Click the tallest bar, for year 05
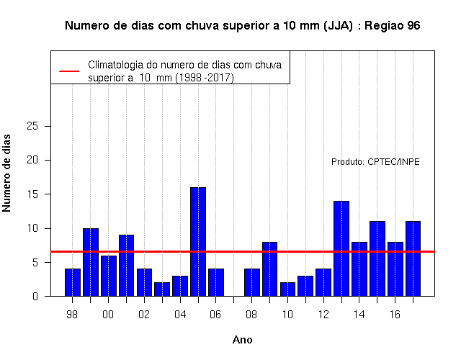tap(198, 242)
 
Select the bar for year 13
tap(341, 248)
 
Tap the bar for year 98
tap(73, 282)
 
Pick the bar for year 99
tap(91, 262)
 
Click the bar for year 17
tap(413, 258)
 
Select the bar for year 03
tap(162, 289)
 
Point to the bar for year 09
tap(269, 269)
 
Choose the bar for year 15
tap(377, 258)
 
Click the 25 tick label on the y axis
tap(32, 126)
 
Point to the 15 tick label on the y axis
tap(32, 194)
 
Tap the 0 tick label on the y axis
tap(35, 296)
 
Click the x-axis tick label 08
tap(251, 315)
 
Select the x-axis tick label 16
tap(395, 315)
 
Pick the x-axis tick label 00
tap(108, 315)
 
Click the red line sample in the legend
tap(69, 71)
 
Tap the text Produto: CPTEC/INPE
tap(375, 162)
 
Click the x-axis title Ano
tap(243, 340)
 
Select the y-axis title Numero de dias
tap(6, 173)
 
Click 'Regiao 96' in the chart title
tap(392, 26)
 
